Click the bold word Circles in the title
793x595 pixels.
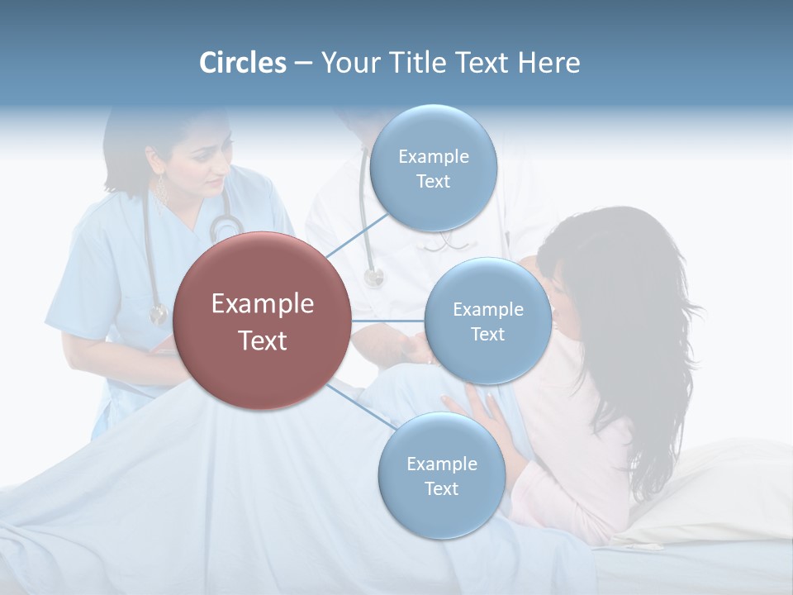(243, 63)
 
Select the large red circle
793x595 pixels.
(263, 321)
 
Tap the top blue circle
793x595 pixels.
(434, 168)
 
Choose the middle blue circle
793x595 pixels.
(488, 321)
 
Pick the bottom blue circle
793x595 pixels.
(441, 476)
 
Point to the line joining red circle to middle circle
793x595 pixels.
(387, 321)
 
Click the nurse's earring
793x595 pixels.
(162, 193)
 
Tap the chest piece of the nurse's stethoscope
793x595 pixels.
(158, 314)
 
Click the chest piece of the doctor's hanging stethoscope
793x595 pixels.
(374, 277)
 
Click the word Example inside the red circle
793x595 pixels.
(263, 304)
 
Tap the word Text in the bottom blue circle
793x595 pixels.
(441, 488)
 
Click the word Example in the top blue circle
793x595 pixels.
(434, 156)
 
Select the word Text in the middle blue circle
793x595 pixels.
(488, 334)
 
